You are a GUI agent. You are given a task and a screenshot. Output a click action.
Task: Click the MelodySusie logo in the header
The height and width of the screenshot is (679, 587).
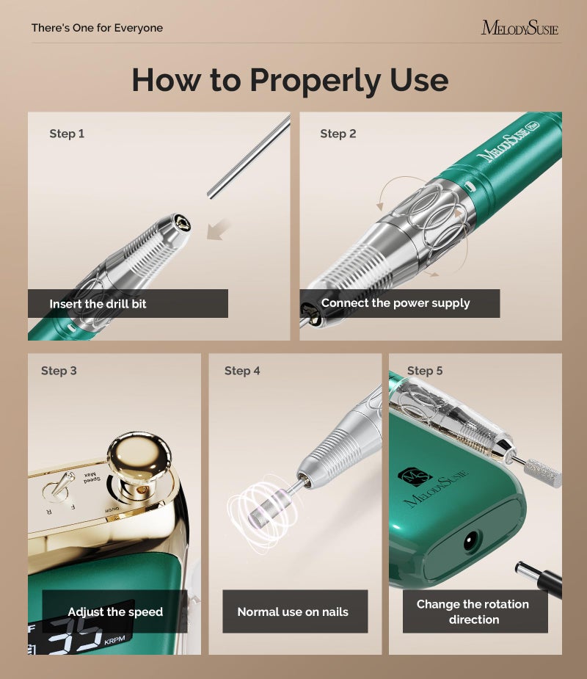pos(519,28)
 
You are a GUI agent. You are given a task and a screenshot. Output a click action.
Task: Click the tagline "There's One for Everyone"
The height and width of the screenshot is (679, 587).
pos(97,28)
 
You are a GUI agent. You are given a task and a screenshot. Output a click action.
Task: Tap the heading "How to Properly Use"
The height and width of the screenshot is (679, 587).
pos(290,79)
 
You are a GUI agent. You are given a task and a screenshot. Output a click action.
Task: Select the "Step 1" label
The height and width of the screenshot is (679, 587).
pos(67,134)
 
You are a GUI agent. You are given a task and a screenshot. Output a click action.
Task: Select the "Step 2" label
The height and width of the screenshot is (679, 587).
pos(338,134)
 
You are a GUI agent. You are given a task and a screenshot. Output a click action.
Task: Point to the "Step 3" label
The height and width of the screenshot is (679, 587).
pos(59,371)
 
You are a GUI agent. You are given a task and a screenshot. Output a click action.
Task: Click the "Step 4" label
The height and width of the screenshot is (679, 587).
pos(242,371)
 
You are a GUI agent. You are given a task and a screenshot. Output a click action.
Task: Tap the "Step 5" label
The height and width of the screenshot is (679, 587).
pos(425,371)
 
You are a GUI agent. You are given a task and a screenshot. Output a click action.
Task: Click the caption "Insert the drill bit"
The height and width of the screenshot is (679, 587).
pos(98,303)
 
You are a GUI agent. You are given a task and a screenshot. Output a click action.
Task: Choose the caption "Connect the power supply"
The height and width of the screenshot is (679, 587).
pos(395,303)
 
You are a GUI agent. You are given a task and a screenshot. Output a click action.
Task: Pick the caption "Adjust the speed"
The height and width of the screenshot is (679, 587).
pos(115,611)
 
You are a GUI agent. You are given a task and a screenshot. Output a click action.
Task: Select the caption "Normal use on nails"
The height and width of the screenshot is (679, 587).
pos(293,611)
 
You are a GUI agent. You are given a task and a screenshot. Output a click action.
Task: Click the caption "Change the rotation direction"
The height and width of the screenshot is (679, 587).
pos(473,611)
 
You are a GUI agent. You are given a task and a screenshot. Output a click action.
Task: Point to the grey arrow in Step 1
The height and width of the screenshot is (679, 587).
pos(219,230)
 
